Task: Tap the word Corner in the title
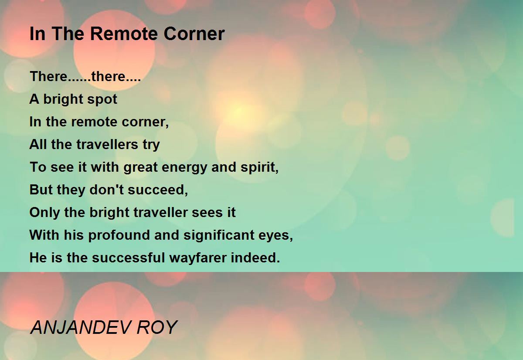click(194, 34)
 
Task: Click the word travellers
click(107, 144)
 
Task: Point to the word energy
click(184, 168)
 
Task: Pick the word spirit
click(260, 167)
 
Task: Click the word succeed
click(158, 190)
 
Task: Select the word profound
click(119, 235)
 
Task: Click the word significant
click(219, 235)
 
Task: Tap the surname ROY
click(157, 327)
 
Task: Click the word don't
click(107, 190)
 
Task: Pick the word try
click(151, 145)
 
